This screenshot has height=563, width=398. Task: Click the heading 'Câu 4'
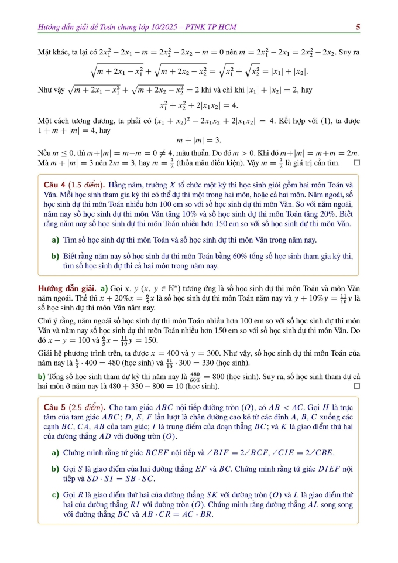[x=53, y=178]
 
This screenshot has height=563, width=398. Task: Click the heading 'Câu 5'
[x=53, y=407]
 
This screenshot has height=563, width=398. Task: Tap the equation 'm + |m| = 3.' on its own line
[x=198, y=140]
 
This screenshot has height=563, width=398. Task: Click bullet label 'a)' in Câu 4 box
[x=55, y=240]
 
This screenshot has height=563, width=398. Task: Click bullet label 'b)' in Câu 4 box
[x=55, y=256]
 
